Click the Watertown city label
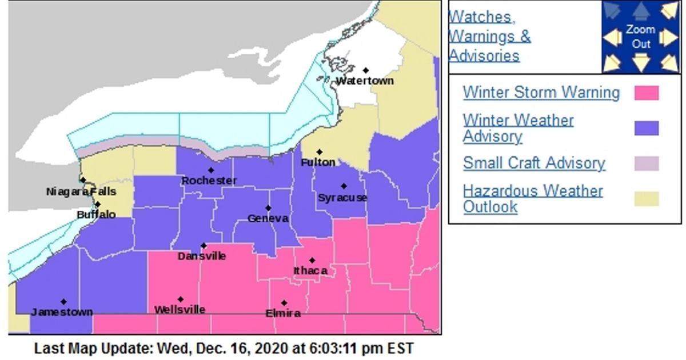point(365,81)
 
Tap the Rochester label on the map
point(209,181)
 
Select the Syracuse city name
point(342,198)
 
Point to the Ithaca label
point(310,270)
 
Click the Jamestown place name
point(62,312)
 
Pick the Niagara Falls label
point(81,191)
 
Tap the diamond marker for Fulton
point(320,152)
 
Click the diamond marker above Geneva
point(268,208)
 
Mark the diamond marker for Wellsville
point(181,299)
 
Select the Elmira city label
point(283,313)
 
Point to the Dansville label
point(201,256)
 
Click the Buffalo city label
point(96,214)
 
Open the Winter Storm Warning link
point(541,93)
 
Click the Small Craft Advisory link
point(533,163)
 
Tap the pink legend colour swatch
point(646,93)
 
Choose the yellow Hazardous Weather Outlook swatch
point(646,199)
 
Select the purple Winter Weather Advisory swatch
point(646,129)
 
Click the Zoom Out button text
point(640,37)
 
